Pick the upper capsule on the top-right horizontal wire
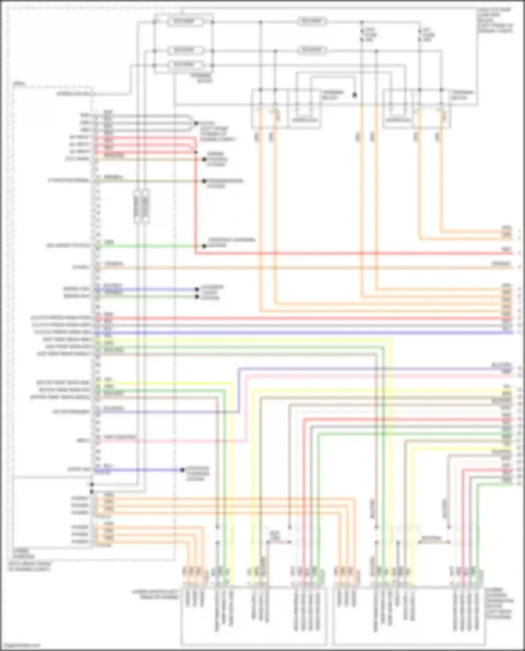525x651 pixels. point(312,22)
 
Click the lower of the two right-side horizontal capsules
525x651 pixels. point(312,50)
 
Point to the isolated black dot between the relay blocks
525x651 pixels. point(355,95)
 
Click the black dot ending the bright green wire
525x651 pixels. point(204,246)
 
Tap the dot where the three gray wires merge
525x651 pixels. point(196,123)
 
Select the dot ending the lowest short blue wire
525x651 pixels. point(182,470)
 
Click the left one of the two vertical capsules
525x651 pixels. point(138,206)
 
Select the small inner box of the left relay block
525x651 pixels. point(304,120)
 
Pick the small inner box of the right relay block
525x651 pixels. point(398,120)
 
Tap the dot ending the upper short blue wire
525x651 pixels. point(197,289)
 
